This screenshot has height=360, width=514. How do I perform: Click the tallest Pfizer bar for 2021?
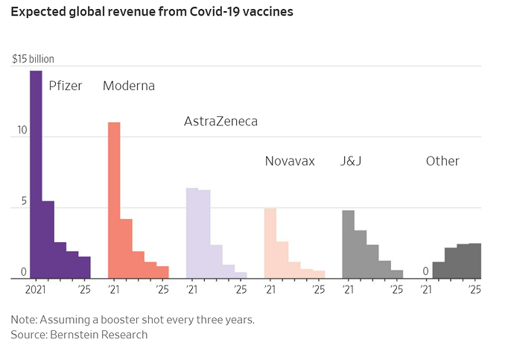point(36,174)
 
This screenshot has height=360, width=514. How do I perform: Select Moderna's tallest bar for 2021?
point(114,200)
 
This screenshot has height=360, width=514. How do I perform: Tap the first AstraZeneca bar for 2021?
point(191,233)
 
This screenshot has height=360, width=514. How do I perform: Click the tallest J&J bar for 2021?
point(348,244)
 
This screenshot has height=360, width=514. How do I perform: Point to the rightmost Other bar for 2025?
point(475,261)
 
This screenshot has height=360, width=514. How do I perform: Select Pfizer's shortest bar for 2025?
point(85,268)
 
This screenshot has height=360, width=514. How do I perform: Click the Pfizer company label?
point(66,86)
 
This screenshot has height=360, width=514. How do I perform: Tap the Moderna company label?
point(129,86)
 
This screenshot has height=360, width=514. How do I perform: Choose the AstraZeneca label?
point(220,121)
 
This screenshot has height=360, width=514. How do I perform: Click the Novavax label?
point(290,161)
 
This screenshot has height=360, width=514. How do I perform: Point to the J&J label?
point(352,161)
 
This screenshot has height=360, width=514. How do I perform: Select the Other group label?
point(442,161)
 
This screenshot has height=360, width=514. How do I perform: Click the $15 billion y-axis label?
point(33,59)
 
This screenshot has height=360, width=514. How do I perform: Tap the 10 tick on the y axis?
point(22,130)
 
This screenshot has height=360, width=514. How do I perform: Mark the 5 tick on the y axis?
point(23,201)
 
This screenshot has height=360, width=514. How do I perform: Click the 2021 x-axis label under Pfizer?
point(37,289)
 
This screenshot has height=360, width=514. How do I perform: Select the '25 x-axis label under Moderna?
point(162,289)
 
